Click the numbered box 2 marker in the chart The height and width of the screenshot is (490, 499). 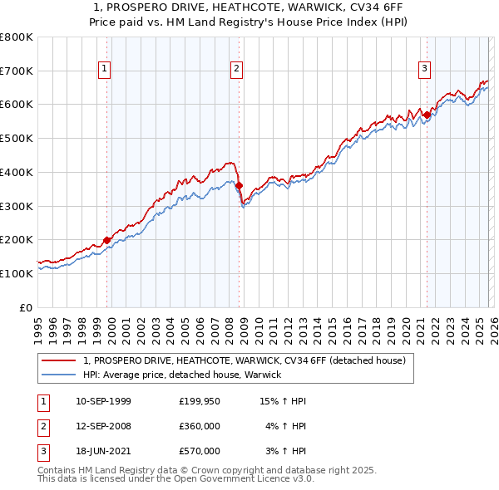pyautogui.click(x=237, y=69)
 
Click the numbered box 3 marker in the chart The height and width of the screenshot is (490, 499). pyautogui.click(x=424, y=69)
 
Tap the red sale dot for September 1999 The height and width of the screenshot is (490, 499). pyautogui.click(x=106, y=240)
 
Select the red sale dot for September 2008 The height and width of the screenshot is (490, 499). pyautogui.click(x=239, y=186)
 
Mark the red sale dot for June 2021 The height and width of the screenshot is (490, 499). pyautogui.click(x=427, y=115)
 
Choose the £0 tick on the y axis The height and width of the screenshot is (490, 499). pyautogui.click(x=27, y=307)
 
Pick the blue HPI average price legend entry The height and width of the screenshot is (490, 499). pyautogui.click(x=182, y=375)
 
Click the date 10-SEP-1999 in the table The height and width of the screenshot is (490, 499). pyautogui.click(x=102, y=401)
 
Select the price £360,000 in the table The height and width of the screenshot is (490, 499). pyautogui.click(x=199, y=426)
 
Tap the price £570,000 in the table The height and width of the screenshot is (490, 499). pyautogui.click(x=199, y=451)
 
